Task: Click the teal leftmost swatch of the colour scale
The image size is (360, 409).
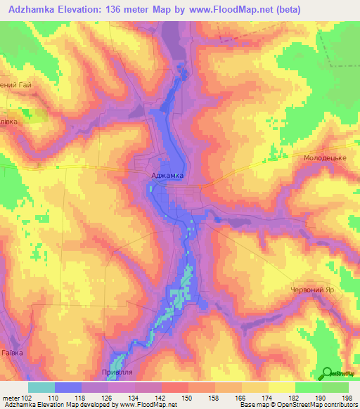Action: pyautogui.click(x=41, y=387)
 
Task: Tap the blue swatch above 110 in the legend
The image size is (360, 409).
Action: pyautogui.click(x=68, y=387)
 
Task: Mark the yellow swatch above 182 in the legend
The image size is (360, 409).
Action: pyautogui.click(x=282, y=387)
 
